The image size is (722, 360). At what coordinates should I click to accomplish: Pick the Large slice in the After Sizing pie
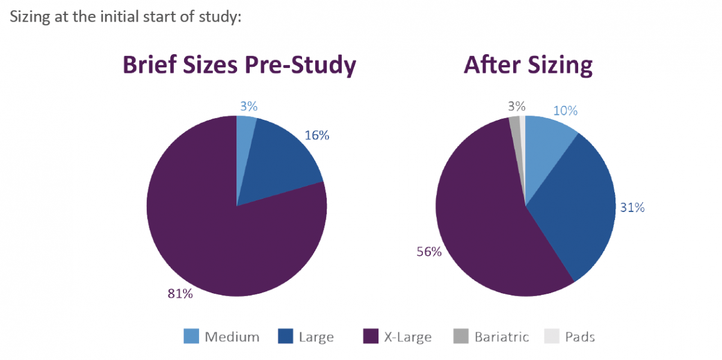578,211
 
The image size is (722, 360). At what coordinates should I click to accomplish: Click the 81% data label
180,294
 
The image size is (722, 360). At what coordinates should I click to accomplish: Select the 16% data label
316,135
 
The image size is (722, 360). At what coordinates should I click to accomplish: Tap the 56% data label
429,252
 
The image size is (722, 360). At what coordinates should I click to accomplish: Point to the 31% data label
632,208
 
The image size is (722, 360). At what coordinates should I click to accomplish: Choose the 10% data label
565,111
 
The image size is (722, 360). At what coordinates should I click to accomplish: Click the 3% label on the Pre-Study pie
248,107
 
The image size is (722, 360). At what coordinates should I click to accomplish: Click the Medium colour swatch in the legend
191,337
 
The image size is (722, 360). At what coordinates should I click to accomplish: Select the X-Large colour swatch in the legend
371,337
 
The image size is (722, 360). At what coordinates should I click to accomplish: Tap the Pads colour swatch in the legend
551,337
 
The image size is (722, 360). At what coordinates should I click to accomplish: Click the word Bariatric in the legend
502,337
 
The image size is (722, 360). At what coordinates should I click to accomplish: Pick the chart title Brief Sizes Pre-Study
239,65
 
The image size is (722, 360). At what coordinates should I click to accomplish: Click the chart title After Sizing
528,65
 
